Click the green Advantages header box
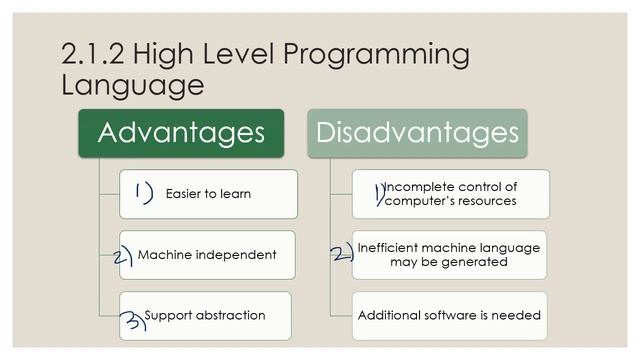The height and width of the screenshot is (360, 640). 181,133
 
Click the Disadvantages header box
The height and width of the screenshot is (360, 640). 417,133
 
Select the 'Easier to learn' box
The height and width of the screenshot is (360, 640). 208,194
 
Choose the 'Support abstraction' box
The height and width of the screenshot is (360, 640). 205,315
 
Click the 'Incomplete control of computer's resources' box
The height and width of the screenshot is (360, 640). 450,194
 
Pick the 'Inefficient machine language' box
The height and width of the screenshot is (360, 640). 449,255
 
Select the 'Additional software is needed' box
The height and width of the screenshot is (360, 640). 449,315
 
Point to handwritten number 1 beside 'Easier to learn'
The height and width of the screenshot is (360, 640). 142,192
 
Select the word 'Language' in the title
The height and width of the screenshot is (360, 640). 132,86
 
